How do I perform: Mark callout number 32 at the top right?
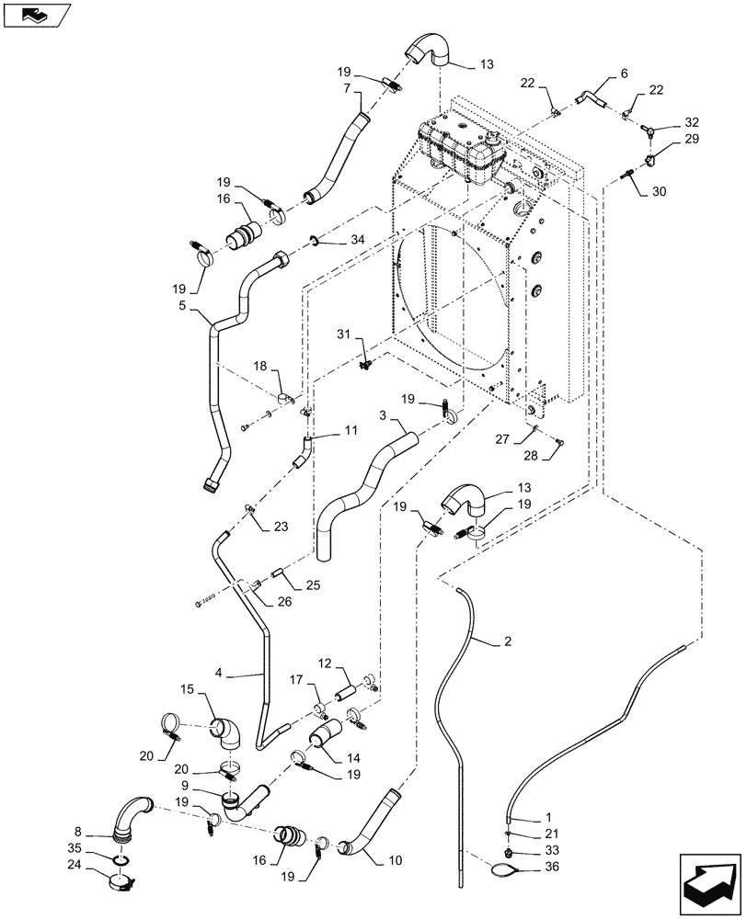pyautogui.click(x=691, y=121)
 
